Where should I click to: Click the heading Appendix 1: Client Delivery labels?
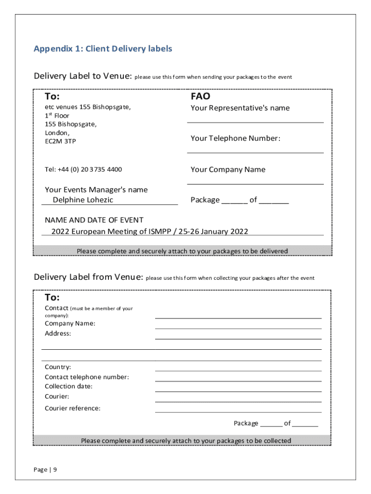click(103, 49)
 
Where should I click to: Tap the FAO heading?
click(200, 96)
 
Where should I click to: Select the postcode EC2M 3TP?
click(60, 141)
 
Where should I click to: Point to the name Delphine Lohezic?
click(83, 200)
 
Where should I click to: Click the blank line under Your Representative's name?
click(255, 122)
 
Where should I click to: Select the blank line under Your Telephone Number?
click(255, 152)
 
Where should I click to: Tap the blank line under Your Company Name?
click(255, 184)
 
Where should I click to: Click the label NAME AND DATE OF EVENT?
click(94, 220)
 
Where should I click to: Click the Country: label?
click(58, 367)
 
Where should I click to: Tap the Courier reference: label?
click(73, 408)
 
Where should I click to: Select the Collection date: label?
click(68, 386)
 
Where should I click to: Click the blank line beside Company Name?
click(238, 328)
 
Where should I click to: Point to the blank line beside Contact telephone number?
click(238, 381)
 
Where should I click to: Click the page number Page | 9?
click(45, 469)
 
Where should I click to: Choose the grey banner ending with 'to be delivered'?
click(182, 251)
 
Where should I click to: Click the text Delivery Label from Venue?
click(88, 277)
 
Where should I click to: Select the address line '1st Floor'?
click(57, 116)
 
